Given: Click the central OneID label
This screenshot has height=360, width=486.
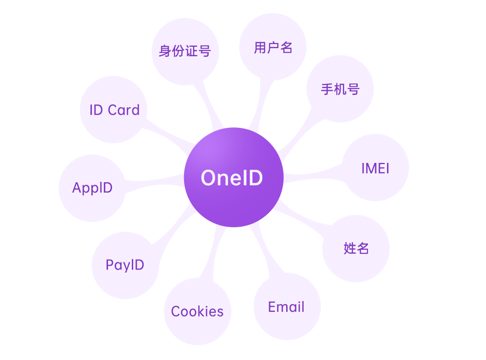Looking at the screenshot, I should coord(232,177).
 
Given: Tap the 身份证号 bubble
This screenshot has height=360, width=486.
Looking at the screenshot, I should coord(185,51).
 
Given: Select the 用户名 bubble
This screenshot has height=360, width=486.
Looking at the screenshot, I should coord(273,47).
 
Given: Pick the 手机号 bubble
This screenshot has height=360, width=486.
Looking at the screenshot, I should coord(340,89).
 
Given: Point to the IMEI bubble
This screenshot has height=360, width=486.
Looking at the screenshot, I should coord(375,168).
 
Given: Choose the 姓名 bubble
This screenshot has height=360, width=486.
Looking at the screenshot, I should coord(356,248).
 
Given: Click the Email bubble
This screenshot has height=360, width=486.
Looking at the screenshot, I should coord(287,307).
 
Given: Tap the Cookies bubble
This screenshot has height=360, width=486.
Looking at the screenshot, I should coord(197,311).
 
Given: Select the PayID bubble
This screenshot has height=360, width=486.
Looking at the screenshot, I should coord(125,265).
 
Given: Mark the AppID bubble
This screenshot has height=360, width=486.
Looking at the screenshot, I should coord(92,188).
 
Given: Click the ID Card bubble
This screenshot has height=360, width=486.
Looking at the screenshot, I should coord(114,110).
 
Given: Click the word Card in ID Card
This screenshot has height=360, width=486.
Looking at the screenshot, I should coord(124,110).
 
